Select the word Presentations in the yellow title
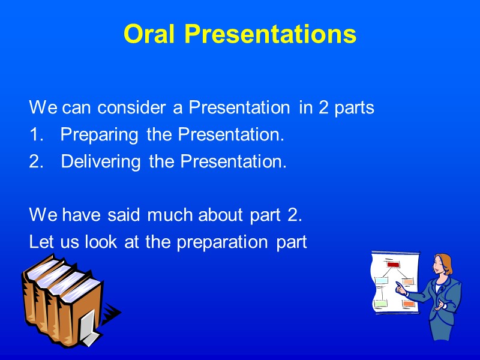click(270, 35)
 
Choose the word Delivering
click(102, 162)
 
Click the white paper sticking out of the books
click(89, 329)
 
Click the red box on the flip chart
click(393, 265)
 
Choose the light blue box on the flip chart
click(382, 281)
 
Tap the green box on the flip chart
click(381, 304)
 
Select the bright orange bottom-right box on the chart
click(409, 304)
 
